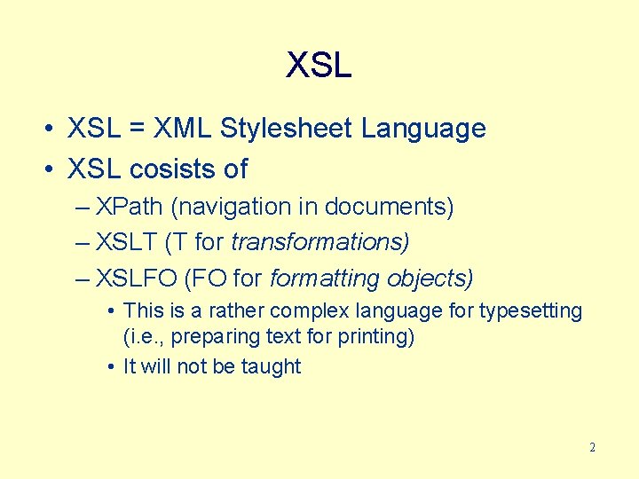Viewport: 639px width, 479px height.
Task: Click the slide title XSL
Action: click(319, 66)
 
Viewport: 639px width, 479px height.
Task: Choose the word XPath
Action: click(129, 207)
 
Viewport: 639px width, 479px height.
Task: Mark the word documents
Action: click(388, 207)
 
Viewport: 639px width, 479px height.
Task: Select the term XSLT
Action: click(127, 242)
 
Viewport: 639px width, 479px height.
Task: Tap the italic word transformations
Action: click(319, 242)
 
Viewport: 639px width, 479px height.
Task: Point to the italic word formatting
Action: click(324, 279)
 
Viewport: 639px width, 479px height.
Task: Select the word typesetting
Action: click(531, 311)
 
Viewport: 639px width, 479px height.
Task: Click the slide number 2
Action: click(592, 447)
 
